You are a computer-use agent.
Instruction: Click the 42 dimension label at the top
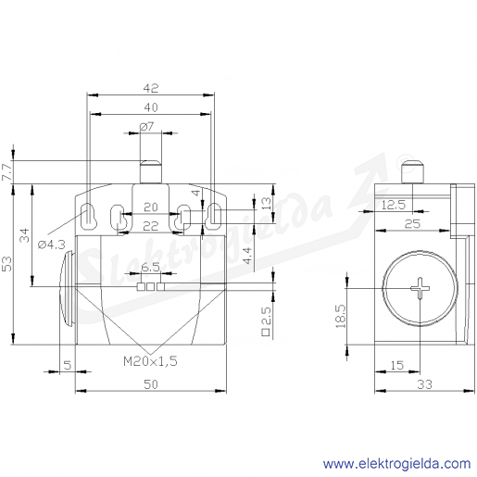pyautogui.click(x=151, y=88)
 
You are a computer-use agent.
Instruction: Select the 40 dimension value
pyautogui.click(x=151, y=107)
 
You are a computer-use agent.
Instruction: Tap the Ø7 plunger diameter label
pyautogui.click(x=146, y=127)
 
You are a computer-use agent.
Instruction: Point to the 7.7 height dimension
pyautogui.click(x=7, y=172)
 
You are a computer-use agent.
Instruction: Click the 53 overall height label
pyautogui.click(x=7, y=264)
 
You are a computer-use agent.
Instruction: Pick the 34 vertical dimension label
pyautogui.click(x=24, y=235)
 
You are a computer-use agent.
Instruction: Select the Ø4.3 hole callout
pyautogui.click(x=52, y=245)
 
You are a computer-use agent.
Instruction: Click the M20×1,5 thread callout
pyautogui.click(x=150, y=361)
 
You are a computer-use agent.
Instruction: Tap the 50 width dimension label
pyautogui.click(x=151, y=384)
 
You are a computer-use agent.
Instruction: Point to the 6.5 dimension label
pyautogui.click(x=150, y=268)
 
